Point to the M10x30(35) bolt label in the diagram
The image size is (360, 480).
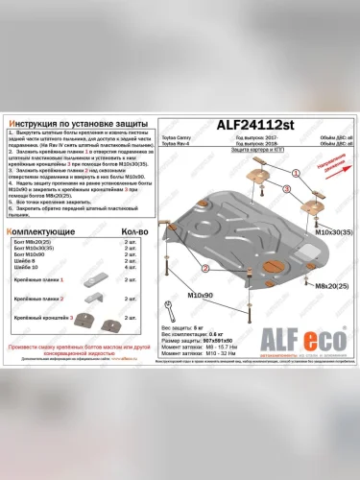pyautogui.click(x=327, y=233)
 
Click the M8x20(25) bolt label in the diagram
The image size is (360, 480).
pyautogui.click(x=327, y=286)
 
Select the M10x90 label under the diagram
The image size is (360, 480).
pyautogui.click(x=200, y=294)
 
